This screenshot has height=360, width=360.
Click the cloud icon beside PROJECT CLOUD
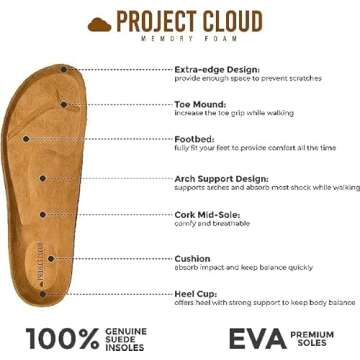coord(101,21)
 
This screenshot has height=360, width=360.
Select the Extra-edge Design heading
coord(215,69)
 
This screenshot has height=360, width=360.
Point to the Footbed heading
coord(193,139)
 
